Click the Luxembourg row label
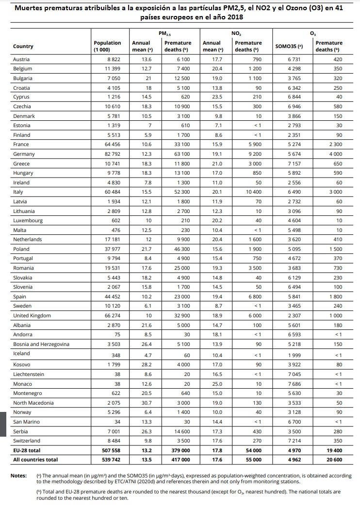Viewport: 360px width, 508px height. pyautogui.click(x=28, y=220)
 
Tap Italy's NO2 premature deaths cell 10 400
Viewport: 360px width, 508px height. pyautogui.click(x=252, y=192)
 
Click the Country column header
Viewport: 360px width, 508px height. pyautogui.click(x=23, y=47)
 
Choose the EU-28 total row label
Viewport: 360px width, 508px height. pyautogui.click(x=27, y=450)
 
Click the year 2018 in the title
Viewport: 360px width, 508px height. pyautogui.click(x=233, y=17)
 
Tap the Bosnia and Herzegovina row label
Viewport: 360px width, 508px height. pyautogui.click(x=41, y=344)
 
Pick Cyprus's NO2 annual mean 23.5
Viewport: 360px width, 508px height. pyautogui.click(x=217, y=97)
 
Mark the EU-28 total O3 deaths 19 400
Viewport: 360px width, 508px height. pyautogui.click(x=331, y=450)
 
